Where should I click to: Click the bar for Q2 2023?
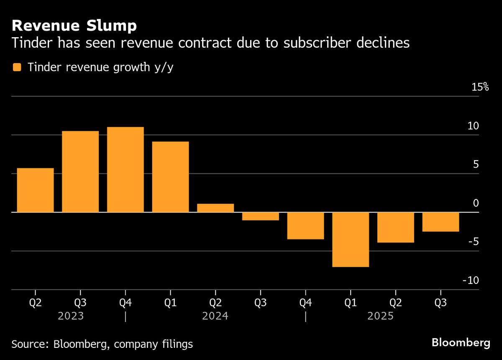[35, 190]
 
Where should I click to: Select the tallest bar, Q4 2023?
[125, 170]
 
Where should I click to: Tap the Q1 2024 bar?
[170, 177]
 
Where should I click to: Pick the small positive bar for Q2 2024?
[215, 208]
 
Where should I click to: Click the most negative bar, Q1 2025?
[351, 239]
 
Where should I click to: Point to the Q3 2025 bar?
[441, 222]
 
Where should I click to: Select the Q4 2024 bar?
[305, 226]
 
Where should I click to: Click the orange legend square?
[17, 67]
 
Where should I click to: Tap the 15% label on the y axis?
[480, 87]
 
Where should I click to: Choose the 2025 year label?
[380, 316]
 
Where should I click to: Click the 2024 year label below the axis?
[215, 316]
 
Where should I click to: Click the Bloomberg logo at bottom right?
[461, 343]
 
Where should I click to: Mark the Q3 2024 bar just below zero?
[261, 216]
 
